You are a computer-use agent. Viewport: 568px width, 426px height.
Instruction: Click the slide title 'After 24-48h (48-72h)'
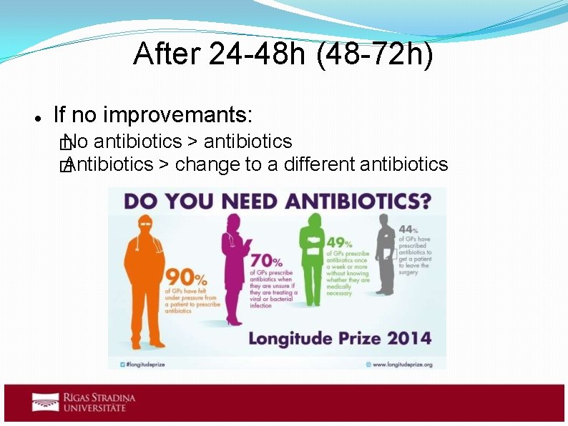[x=283, y=56]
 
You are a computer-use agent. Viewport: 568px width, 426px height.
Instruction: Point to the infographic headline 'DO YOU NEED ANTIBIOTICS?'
[x=277, y=201]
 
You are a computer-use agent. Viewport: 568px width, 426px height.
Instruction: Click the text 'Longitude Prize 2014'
[x=339, y=337]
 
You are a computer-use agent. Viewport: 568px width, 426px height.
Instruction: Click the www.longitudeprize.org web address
[x=402, y=364]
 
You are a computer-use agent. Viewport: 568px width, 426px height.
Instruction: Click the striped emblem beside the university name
[x=45, y=402]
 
